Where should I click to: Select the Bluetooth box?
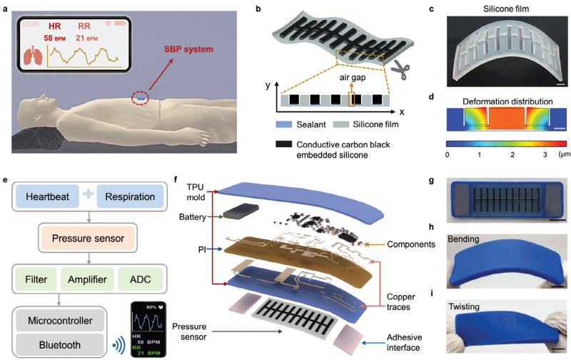(x=61, y=346)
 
